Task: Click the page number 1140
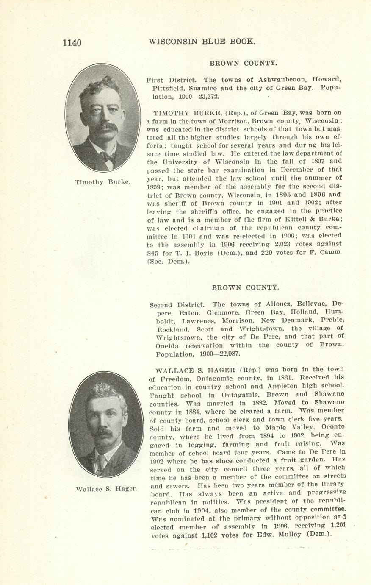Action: click(x=72, y=42)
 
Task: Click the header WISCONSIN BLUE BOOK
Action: click(x=202, y=42)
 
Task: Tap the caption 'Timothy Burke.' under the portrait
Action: click(x=102, y=182)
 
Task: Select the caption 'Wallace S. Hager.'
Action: click(x=106, y=489)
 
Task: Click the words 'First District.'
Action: click(x=171, y=80)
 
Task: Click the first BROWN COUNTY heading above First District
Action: click(x=244, y=63)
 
